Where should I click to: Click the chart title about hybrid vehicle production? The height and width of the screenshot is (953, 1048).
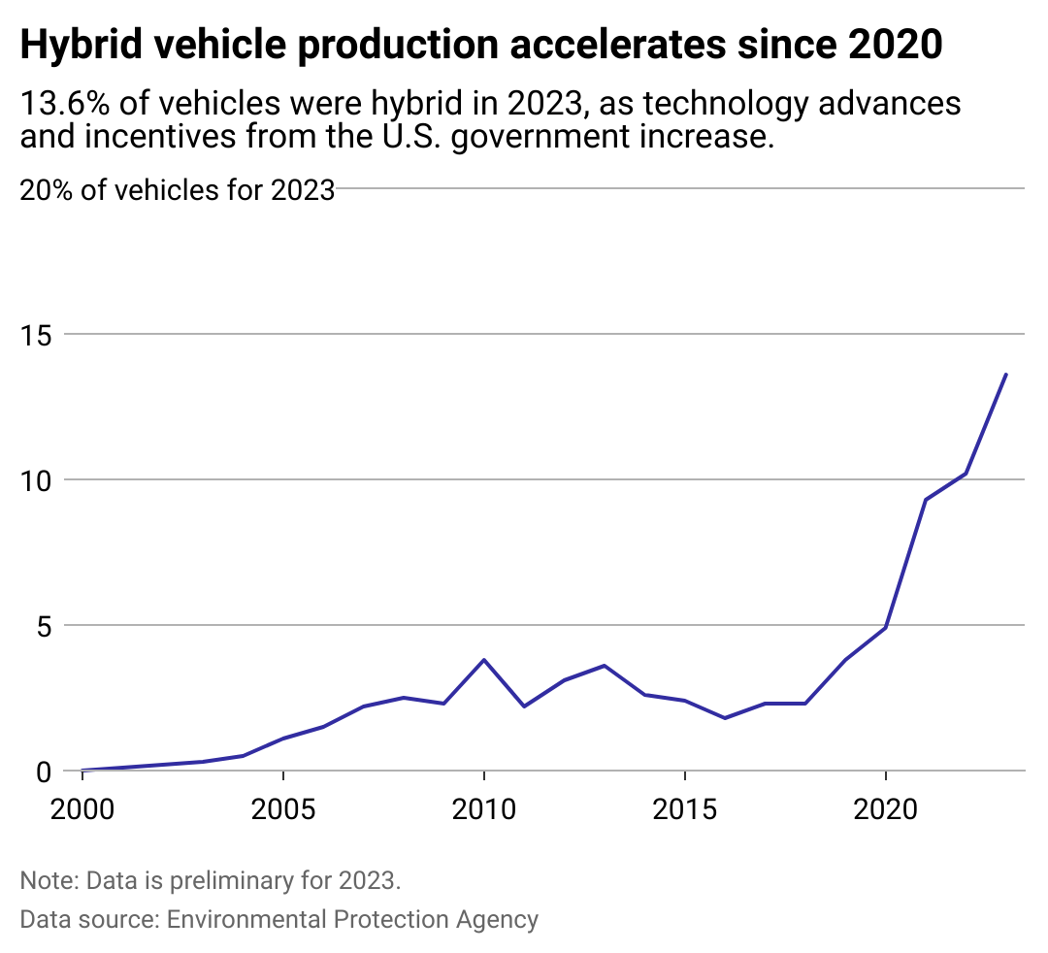pyautogui.click(x=480, y=46)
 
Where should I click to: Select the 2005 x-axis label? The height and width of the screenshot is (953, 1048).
pyautogui.click(x=282, y=809)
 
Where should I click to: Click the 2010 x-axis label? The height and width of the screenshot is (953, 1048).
pyautogui.click(x=483, y=809)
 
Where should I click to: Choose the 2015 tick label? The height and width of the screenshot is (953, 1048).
pyautogui.click(x=684, y=809)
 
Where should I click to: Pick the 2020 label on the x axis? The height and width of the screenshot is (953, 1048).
pyautogui.click(x=885, y=809)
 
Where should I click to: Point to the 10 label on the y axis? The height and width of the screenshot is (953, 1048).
pyautogui.click(x=37, y=479)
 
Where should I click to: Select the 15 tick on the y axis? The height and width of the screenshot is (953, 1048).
pyautogui.click(x=37, y=334)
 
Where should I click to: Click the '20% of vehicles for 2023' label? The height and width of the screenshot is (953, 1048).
pyautogui.click(x=178, y=189)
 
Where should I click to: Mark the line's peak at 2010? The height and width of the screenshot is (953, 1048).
pyautogui.click(x=483, y=660)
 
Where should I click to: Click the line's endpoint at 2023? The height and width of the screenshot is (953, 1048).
pyautogui.click(x=1005, y=375)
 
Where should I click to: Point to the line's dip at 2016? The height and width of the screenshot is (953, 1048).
pyautogui.click(x=725, y=718)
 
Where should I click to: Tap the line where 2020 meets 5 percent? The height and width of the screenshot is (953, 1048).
pyautogui.click(x=885, y=628)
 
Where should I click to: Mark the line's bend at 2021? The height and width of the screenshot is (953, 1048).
pyautogui.click(x=926, y=500)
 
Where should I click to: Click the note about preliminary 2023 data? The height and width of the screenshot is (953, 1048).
pyautogui.click(x=210, y=881)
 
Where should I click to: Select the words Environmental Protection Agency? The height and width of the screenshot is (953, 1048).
pyautogui.click(x=352, y=919)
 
